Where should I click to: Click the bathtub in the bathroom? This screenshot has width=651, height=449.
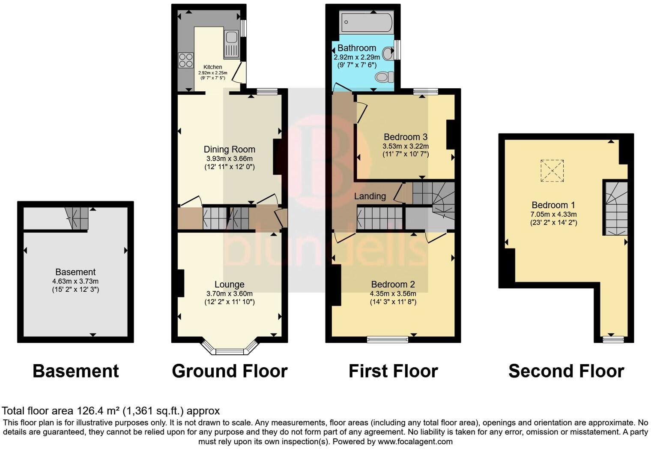click(x=366, y=22)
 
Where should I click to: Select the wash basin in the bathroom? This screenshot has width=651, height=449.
click(x=388, y=54)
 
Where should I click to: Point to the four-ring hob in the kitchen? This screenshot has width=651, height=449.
click(x=185, y=60)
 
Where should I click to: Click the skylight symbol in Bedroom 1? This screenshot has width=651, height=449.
click(x=552, y=171)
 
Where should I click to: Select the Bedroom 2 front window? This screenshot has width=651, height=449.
click(x=388, y=340)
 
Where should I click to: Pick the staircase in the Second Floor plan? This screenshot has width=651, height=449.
click(x=616, y=208)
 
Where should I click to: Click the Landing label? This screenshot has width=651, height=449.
click(x=370, y=196)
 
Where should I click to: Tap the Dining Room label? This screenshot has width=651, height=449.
click(x=229, y=150)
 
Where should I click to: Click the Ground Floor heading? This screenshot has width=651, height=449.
click(x=230, y=371)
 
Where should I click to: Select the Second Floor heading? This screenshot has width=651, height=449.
click(x=566, y=371)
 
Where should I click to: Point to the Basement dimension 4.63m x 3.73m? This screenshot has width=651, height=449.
click(x=75, y=281)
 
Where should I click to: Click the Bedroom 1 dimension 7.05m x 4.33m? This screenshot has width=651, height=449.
click(x=553, y=214)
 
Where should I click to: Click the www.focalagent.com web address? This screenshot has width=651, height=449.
click(x=415, y=441)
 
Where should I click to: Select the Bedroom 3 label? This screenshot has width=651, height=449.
click(x=405, y=137)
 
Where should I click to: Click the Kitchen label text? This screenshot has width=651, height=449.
click(x=212, y=67)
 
